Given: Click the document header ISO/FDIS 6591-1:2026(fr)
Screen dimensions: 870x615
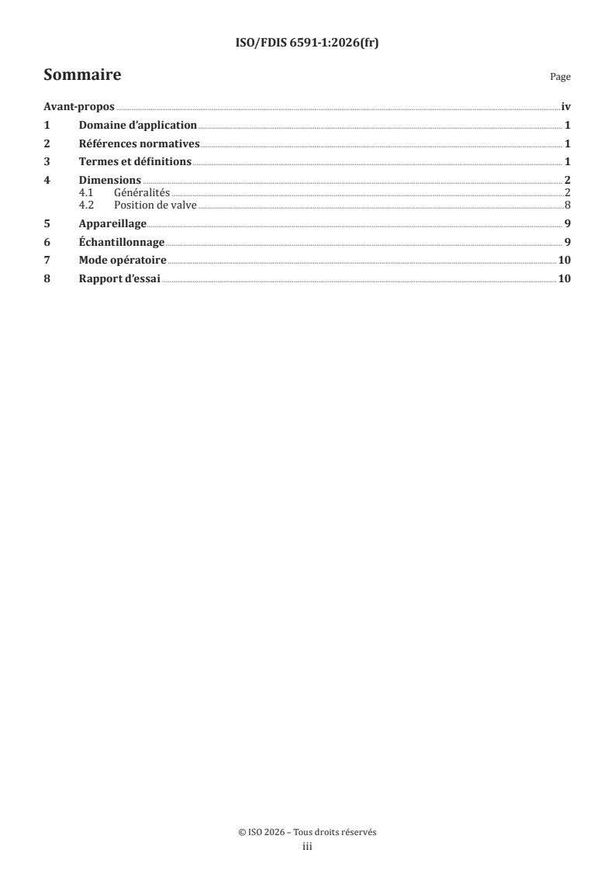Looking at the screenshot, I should click(x=307, y=43).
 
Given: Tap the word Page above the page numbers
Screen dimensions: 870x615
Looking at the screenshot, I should click(x=560, y=78).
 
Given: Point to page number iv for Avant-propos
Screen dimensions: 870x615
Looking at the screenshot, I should click(x=565, y=108).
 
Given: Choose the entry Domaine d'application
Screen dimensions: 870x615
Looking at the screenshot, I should click(x=138, y=126).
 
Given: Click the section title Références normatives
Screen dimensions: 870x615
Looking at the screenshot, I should click(x=140, y=143).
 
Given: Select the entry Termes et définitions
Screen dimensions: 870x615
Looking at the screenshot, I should click(x=135, y=162).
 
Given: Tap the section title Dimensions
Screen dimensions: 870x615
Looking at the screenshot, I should click(x=110, y=181).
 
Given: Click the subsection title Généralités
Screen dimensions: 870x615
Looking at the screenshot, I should click(x=142, y=192).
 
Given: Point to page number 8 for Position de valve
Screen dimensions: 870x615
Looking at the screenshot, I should click(x=568, y=205).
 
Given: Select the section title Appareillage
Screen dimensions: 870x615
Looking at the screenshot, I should click(x=112, y=224).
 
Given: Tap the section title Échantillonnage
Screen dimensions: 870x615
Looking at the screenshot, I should click(x=122, y=242).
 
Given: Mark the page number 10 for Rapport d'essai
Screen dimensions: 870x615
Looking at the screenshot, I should click(x=565, y=279).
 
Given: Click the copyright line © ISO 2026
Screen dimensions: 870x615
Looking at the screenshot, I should click(x=307, y=832).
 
